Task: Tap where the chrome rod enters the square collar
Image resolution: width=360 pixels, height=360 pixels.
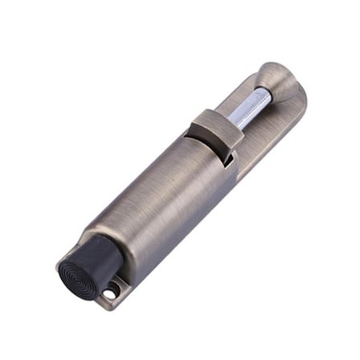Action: [x=231, y=126]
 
